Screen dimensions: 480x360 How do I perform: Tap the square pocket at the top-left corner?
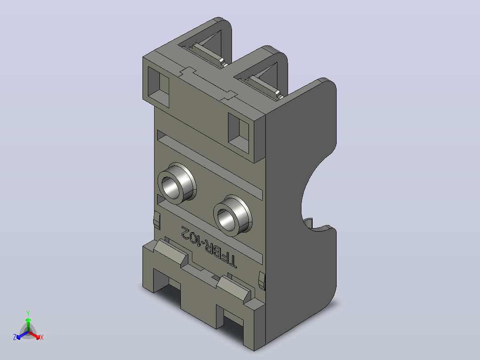click(158, 87)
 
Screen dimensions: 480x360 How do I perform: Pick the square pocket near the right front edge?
click(239, 133)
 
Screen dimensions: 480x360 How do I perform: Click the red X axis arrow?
click(34, 335)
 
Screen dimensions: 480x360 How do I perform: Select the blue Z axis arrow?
click(22, 335)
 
